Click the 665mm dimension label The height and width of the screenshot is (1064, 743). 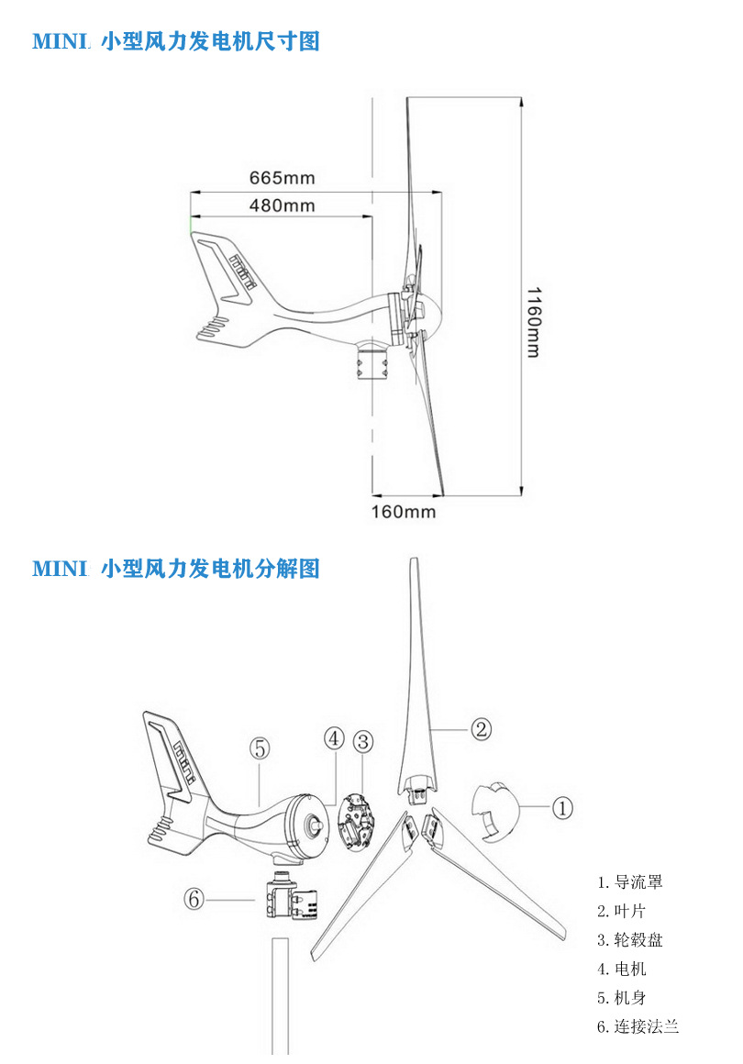tap(283, 179)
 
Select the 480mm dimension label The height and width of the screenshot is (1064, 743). tap(283, 205)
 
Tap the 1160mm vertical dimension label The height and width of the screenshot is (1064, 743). tap(534, 322)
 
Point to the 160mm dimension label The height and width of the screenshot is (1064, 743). tap(403, 512)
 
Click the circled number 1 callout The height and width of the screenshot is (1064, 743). tap(562, 807)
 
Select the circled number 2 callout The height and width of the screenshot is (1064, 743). tap(481, 729)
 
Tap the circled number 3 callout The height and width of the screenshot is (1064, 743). tap(363, 742)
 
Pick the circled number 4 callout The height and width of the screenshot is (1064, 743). tap(334, 738)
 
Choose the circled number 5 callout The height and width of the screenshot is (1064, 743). tap(260, 748)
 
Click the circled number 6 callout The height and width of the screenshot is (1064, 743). tap(194, 899)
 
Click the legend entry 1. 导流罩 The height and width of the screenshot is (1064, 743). tap(629, 882)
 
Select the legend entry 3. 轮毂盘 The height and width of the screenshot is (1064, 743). tap(629, 940)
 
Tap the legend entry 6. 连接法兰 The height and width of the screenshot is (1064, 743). tap(638, 1026)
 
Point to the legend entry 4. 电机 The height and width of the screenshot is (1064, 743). tap(622, 969)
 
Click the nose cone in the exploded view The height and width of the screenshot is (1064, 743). tap(496, 811)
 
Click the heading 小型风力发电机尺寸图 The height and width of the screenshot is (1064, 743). tap(210, 41)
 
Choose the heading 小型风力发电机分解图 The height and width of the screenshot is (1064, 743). tap(210, 568)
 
